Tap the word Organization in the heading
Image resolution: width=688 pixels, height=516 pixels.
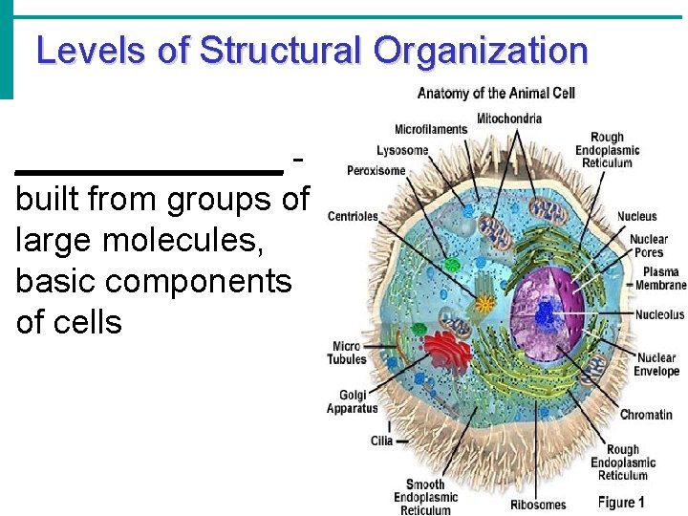[x=481, y=50]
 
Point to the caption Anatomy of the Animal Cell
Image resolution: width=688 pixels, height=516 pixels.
[x=495, y=93]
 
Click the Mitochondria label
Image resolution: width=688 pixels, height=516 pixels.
[x=509, y=118]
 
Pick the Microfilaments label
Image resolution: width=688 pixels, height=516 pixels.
[x=431, y=129]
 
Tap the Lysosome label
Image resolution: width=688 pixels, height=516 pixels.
[x=401, y=150]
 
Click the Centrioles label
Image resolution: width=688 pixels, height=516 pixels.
[x=353, y=216]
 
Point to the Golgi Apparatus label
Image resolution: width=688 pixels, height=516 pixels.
[x=353, y=401]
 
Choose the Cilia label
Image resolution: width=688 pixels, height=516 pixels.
[x=381, y=441]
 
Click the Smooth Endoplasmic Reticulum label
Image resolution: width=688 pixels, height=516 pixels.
[x=425, y=497]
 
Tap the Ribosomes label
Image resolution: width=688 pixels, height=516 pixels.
[x=537, y=505]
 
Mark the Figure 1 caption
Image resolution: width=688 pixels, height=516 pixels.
[x=622, y=502]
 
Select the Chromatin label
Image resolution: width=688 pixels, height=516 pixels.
[x=646, y=415]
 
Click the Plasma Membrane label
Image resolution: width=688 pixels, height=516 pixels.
[x=660, y=278]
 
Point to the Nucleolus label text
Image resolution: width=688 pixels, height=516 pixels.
[x=659, y=314]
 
